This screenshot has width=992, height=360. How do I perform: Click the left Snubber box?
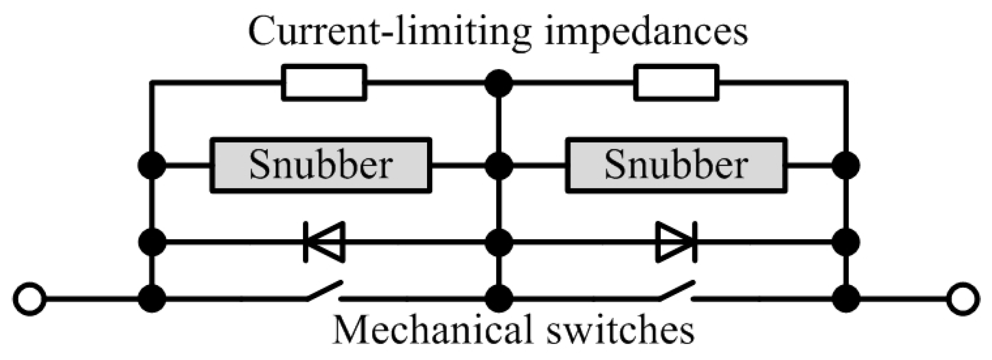point(320,165)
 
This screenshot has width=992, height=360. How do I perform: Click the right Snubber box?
point(676,165)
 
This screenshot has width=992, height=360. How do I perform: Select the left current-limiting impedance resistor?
point(324,82)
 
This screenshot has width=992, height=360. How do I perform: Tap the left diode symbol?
point(324,242)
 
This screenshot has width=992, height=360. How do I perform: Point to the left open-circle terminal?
point(30,299)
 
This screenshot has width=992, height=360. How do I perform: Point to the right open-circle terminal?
point(963,299)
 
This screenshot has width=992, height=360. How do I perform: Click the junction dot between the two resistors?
point(499,83)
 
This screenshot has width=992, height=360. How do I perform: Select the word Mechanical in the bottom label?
point(432,329)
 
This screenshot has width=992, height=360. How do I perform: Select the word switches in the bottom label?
point(619,329)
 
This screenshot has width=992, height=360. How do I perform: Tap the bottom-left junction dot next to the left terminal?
point(152,299)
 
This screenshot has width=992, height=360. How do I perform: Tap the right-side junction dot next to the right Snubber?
point(846,165)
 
